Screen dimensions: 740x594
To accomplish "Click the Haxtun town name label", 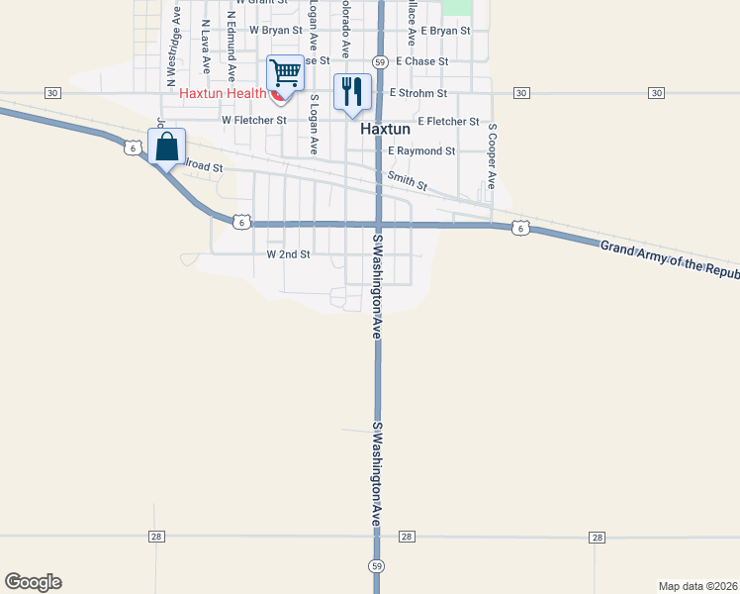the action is [386, 130].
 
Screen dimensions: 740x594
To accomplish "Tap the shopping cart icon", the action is [285, 72].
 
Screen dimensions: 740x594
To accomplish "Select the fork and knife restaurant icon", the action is [352, 92].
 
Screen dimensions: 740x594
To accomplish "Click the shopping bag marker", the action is [167, 148].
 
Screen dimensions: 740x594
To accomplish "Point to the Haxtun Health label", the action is [224, 94].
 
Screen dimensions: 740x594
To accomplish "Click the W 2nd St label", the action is [289, 254].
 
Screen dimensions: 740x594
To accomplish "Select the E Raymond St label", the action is [421, 151].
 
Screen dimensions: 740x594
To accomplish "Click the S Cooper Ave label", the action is [491, 156].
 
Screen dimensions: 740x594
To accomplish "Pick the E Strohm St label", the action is [418, 93].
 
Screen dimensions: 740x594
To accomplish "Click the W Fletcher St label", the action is [254, 121].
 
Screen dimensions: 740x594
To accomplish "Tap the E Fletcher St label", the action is [448, 122].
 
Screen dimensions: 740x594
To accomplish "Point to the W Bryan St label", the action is [276, 31].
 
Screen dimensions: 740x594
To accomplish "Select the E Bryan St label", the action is [445, 32].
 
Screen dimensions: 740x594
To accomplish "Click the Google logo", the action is [33, 582].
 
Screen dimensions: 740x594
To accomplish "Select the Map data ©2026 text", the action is [698, 585].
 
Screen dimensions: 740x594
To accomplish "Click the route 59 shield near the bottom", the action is [377, 565].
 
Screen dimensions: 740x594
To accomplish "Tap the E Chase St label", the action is [422, 61].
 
